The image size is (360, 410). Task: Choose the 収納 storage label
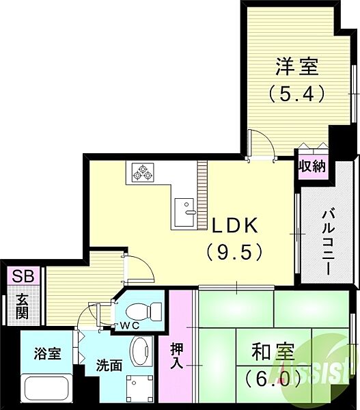pos(312,166)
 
